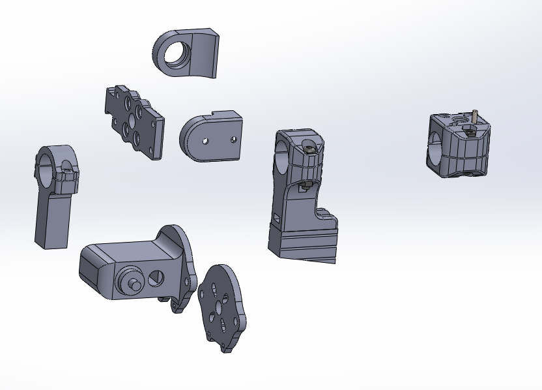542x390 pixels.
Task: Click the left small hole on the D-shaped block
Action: tap(205, 140)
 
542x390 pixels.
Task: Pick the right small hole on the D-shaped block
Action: tap(233, 139)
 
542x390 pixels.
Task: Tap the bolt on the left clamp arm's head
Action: tap(68, 175)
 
